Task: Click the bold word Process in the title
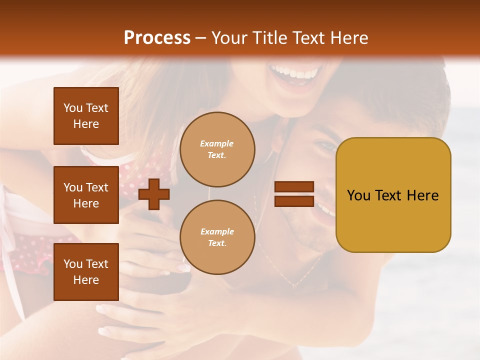tap(157, 38)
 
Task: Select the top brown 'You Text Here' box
tap(86, 116)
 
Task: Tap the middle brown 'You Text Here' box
tap(86, 195)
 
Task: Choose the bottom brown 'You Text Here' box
tap(86, 272)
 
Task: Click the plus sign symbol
tap(153, 194)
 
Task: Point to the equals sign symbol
tap(294, 194)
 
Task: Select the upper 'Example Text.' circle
tap(217, 149)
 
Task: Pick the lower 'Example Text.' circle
tap(217, 237)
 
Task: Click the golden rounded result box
tap(393, 195)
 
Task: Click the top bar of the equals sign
tap(294, 187)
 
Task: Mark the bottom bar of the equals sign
tap(294, 201)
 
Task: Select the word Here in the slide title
tap(349, 38)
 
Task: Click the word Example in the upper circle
tap(217, 143)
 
